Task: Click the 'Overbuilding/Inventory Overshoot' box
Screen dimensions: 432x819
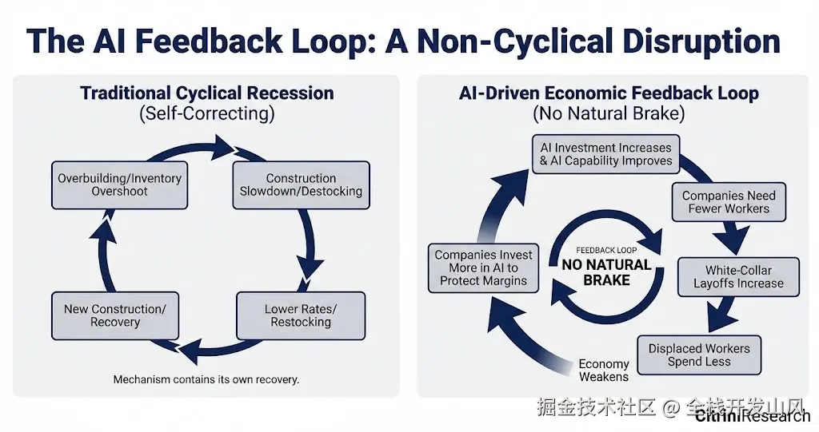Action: (119, 185)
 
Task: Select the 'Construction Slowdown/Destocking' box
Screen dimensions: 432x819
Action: (301, 185)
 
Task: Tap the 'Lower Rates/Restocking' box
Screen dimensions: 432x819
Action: (301, 315)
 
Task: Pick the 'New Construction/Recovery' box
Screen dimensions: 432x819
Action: (115, 315)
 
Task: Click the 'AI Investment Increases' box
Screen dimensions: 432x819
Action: (606, 154)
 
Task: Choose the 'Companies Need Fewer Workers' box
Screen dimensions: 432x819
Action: (729, 202)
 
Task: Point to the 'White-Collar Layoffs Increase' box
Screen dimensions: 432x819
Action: (738, 277)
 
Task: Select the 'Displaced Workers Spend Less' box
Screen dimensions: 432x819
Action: (699, 355)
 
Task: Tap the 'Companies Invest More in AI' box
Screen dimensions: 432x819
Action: (483, 268)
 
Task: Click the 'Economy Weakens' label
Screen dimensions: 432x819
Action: (604, 371)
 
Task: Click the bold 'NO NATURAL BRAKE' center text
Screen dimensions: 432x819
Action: (606, 272)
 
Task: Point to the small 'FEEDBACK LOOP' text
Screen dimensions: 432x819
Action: (606, 250)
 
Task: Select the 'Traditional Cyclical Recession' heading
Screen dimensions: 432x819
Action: (207, 93)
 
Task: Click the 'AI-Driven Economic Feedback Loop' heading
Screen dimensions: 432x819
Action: (609, 93)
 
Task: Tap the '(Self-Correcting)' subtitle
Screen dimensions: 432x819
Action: (207, 113)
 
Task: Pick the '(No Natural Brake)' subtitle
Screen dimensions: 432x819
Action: (609, 113)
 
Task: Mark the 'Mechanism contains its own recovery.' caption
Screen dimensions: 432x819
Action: (206, 379)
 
